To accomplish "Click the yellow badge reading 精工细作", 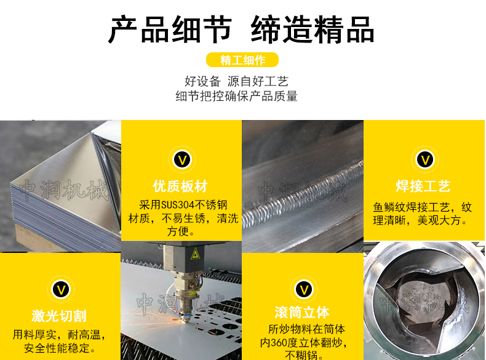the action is point(242,60).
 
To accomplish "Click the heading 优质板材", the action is point(180,186).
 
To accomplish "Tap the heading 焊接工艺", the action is point(423,186).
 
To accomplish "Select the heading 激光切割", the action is point(59,316).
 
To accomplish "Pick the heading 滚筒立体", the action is point(302,312).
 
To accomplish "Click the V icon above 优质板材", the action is point(182,159).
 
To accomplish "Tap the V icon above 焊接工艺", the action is point(425,159).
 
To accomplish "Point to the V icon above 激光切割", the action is point(61,289).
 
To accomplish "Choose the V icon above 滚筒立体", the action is point(304,289).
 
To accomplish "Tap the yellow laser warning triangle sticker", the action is point(195,254).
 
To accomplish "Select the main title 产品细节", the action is point(170,30).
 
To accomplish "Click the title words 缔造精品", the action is point(313,30).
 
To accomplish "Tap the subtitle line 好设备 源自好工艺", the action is point(236,82).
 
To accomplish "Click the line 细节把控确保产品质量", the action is point(236,96).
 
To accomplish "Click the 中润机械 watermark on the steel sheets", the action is point(63,190).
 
